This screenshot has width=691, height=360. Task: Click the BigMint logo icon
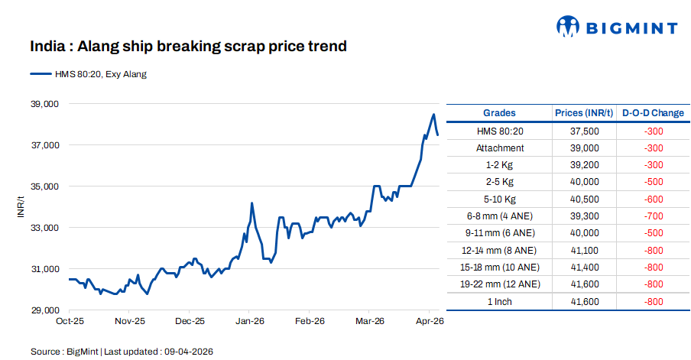(x=568, y=27)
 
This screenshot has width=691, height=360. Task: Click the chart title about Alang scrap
(x=188, y=47)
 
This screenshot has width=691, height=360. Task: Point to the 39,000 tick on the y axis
(x=44, y=104)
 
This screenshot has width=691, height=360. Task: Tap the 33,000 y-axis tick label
(x=44, y=228)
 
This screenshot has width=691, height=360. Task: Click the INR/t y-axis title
(x=21, y=206)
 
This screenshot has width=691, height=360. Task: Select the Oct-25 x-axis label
(x=70, y=322)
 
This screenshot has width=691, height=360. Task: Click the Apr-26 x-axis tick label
(x=429, y=322)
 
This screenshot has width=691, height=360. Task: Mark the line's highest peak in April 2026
(x=433, y=115)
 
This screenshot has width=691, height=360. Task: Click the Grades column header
(x=499, y=113)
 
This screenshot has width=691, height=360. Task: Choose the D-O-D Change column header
(x=653, y=113)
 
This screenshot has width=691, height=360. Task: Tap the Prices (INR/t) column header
(x=584, y=113)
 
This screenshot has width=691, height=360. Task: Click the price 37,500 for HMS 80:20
(x=584, y=131)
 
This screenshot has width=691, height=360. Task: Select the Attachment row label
(x=499, y=148)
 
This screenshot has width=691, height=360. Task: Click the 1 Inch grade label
(x=499, y=301)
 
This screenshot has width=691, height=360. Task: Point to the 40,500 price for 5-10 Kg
(x=584, y=199)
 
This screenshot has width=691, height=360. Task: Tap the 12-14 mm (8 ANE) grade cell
(x=499, y=250)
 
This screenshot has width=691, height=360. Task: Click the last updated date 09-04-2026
(x=187, y=351)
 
